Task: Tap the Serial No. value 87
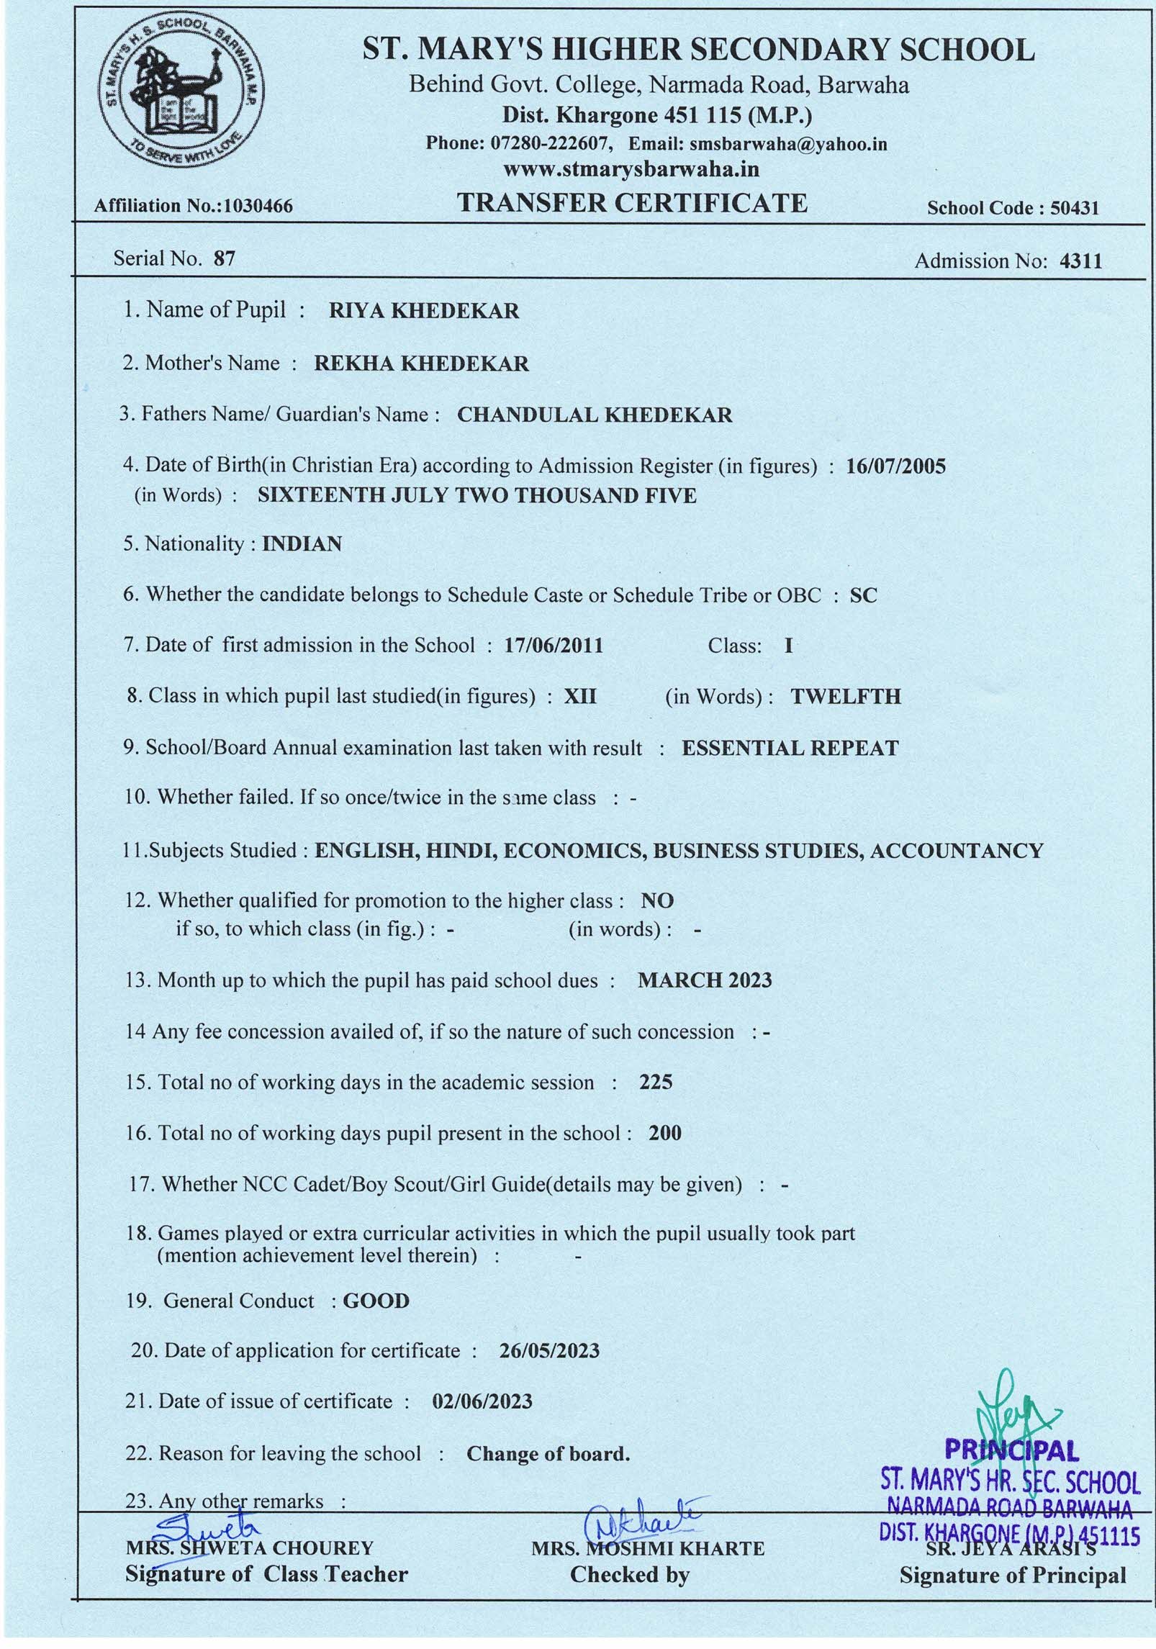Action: pos(224,258)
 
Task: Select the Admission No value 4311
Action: pos(1080,261)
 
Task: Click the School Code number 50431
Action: pos(1075,209)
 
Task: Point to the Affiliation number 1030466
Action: pos(259,207)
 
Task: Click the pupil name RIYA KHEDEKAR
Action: pos(423,311)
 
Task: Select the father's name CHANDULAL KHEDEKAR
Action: pos(595,415)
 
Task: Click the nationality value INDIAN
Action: pos(302,543)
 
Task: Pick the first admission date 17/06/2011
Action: pos(553,646)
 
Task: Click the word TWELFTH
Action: pos(846,697)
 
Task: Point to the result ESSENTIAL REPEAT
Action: pos(790,749)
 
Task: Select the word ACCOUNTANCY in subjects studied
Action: pos(956,851)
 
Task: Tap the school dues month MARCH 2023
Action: pos(705,980)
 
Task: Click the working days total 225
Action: pos(655,1083)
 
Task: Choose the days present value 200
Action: pos(664,1134)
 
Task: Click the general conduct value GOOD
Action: pos(376,1301)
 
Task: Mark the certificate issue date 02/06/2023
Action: pos(482,1401)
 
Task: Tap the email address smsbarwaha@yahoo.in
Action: pos(787,144)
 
